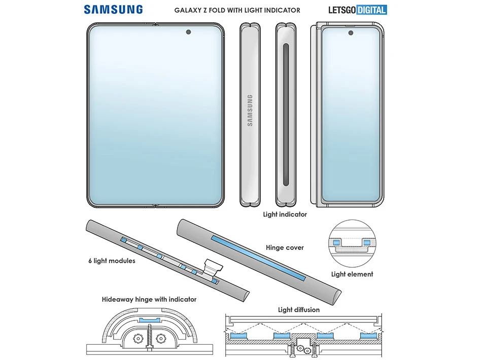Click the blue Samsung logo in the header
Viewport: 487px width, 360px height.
click(113, 9)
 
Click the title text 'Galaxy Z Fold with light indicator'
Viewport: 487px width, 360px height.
click(237, 10)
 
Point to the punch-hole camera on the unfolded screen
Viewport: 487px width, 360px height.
click(189, 32)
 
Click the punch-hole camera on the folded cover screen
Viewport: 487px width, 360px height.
click(351, 33)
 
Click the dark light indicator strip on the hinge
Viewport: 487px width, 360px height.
click(286, 116)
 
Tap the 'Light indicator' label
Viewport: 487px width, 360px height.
click(285, 214)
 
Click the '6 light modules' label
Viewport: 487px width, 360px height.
click(112, 261)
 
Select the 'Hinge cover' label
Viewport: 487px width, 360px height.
click(285, 248)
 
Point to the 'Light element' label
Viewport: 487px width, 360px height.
click(352, 274)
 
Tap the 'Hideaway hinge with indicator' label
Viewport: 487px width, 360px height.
click(149, 300)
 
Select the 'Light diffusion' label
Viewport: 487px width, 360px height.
click(298, 310)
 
